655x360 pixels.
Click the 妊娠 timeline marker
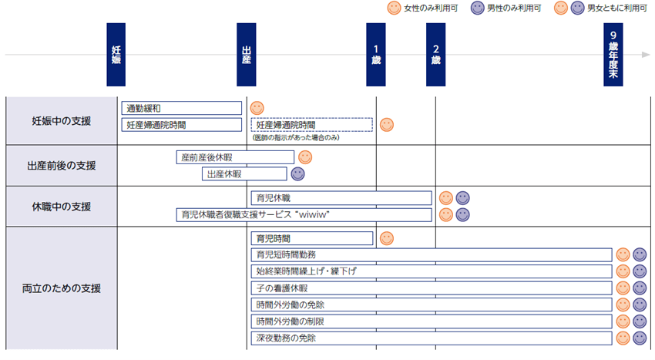click(x=116, y=55)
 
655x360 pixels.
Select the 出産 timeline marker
click(x=246, y=55)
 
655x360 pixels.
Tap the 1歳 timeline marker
click(x=375, y=55)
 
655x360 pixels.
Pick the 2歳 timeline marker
click(x=435, y=55)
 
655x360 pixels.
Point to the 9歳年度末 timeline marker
click(x=613, y=55)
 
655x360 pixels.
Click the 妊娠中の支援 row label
click(x=61, y=121)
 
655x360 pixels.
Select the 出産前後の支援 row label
click(x=61, y=165)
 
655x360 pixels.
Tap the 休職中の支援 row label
click(x=61, y=207)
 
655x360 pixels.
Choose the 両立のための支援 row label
click(x=61, y=288)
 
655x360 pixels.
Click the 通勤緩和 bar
click(x=182, y=109)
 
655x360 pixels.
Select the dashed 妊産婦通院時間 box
click(x=311, y=124)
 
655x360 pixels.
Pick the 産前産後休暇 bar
click(x=235, y=157)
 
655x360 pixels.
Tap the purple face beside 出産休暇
click(x=297, y=174)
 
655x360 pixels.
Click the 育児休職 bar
click(x=341, y=198)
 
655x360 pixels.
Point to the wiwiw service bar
click(x=304, y=214)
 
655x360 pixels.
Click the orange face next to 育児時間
click(x=387, y=238)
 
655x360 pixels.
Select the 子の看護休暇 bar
click(x=431, y=288)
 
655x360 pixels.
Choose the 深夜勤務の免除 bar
click(x=431, y=338)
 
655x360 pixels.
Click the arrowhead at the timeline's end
click(x=646, y=56)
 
